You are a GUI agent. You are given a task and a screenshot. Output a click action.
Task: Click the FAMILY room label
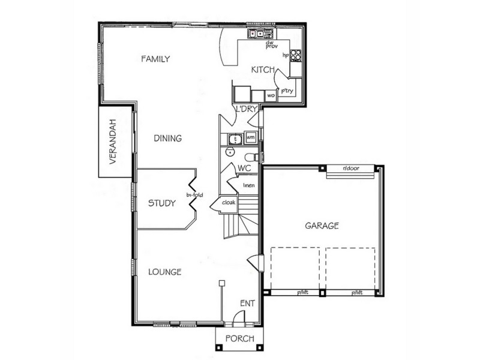point(156,59)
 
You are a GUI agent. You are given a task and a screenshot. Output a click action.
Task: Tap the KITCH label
point(263,71)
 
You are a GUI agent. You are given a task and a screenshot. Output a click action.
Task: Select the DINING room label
point(167,139)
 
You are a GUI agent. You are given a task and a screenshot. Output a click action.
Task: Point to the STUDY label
point(161,203)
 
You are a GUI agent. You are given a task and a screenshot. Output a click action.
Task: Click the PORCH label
point(239,338)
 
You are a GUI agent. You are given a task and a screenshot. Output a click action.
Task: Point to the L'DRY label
point(247,109)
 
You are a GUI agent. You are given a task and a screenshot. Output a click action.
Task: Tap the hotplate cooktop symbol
point(295,56)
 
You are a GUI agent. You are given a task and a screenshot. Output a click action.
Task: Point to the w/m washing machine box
point(250,138)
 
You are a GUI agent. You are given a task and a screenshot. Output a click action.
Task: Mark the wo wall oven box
point(271,95)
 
